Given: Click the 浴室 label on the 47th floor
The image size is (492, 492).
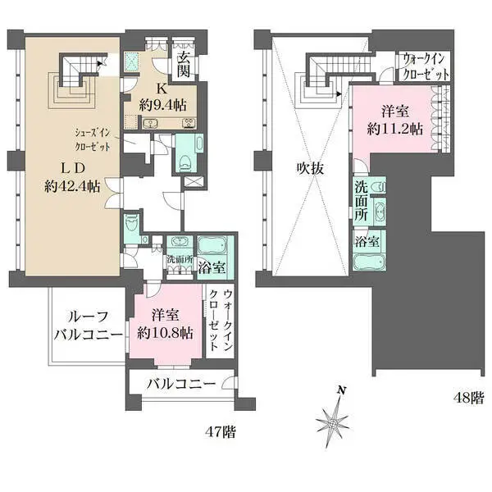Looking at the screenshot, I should (x=216, y=266).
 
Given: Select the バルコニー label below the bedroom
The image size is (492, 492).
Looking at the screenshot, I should (x=181, y=385).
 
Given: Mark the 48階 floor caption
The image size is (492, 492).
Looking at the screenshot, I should (x=467, y=398).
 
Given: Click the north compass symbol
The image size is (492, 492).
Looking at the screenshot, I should (x=335, y=417).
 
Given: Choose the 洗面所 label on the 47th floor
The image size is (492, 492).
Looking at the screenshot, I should (x=178, y=260).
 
